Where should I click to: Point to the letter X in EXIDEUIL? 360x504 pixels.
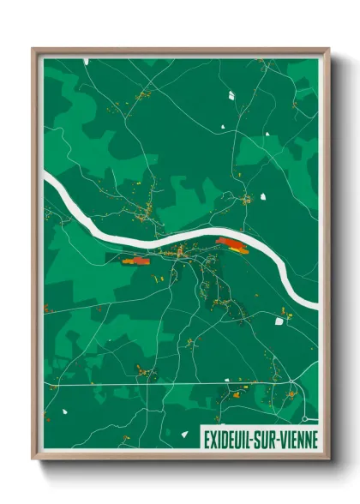[213, 440]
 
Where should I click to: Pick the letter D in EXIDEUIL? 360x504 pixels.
[225, 440]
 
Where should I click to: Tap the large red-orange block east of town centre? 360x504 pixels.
[231, 245]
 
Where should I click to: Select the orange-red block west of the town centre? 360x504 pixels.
[134, 261]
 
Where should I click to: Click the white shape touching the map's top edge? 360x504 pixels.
[86, 62]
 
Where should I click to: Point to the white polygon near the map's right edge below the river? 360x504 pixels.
[279, 321]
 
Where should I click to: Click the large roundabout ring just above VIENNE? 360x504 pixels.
[304, 419]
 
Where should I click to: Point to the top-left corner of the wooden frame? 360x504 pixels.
[33, 49]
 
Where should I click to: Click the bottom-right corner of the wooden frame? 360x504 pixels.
[328, 459]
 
